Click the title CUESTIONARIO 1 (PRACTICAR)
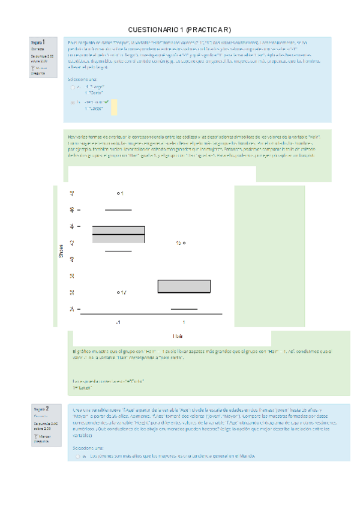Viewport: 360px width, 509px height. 180,29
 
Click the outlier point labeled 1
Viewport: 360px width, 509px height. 118,193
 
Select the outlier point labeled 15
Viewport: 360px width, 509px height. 184,242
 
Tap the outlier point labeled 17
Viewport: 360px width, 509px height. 118,292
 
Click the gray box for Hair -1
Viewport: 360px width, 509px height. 118,235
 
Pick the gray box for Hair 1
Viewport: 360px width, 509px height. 184,286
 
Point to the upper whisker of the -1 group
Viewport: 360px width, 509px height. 118,211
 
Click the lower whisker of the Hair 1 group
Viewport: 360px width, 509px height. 184,309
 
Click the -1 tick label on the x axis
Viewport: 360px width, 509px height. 118,322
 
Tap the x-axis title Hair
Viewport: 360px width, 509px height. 178,336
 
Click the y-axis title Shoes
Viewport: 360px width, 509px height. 61,251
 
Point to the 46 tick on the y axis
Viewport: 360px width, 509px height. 73,210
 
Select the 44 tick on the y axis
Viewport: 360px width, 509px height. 73,226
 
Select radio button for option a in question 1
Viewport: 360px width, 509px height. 72,87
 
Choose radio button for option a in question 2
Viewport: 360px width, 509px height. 77,457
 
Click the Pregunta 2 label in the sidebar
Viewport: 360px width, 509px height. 41,409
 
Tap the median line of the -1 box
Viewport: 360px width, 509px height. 118,234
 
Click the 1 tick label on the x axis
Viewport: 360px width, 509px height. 184,322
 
